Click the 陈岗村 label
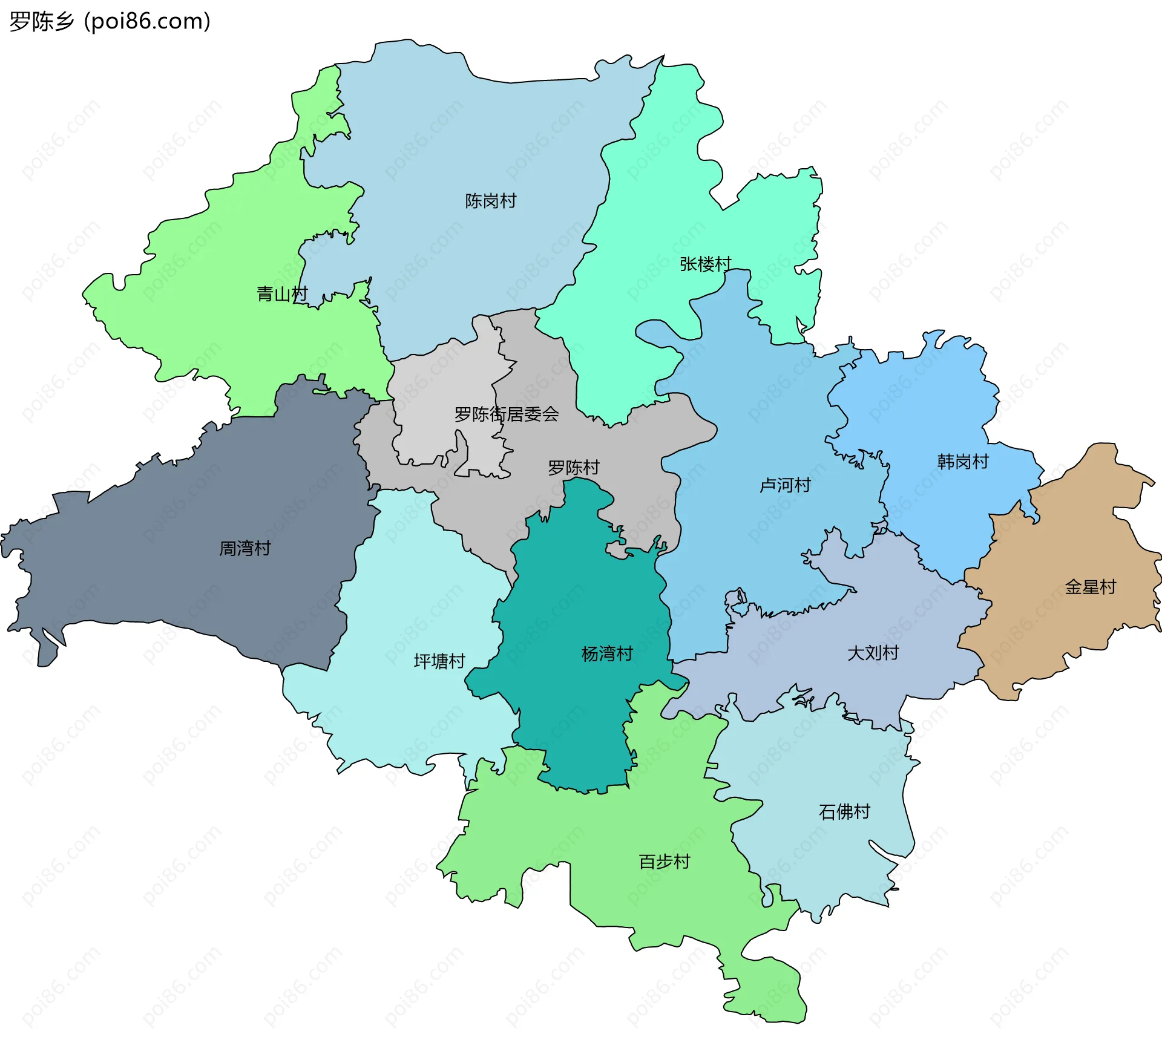click(x=490, y=201)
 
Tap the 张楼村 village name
click(x=705, y=264)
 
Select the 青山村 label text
click(x=282, y=294)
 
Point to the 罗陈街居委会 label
click(x=507, y=414)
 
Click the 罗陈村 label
click(x=573, y=468)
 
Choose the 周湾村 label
click(x=245, y=549)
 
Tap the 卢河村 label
click(x=785, y=485)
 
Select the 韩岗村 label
click(x=962, y=462)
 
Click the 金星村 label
click(x=1090, y=587)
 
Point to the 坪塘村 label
click(x=439, y=661)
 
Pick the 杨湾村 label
click(x=607, y=654)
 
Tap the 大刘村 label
click(x=873, y=653)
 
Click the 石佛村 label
click(x=844, y=812)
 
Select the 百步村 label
click(x=665, y=862)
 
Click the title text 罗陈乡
click(x=41, y=22)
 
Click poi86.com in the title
click(x=148, y=22)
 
